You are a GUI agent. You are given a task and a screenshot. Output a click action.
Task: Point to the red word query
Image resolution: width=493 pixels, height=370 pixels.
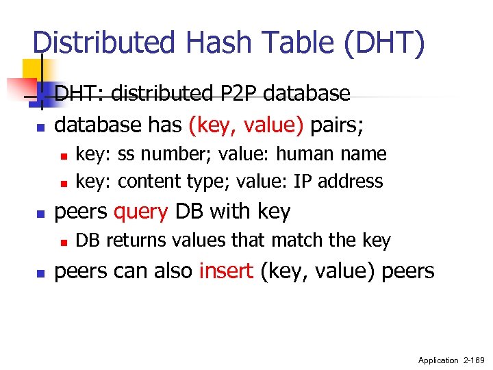141,212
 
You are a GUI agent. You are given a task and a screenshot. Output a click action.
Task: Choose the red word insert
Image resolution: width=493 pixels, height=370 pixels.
227,271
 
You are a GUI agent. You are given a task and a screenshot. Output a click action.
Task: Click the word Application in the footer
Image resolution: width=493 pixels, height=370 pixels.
438,360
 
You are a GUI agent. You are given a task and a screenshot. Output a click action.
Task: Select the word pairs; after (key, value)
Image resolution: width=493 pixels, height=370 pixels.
337,125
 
